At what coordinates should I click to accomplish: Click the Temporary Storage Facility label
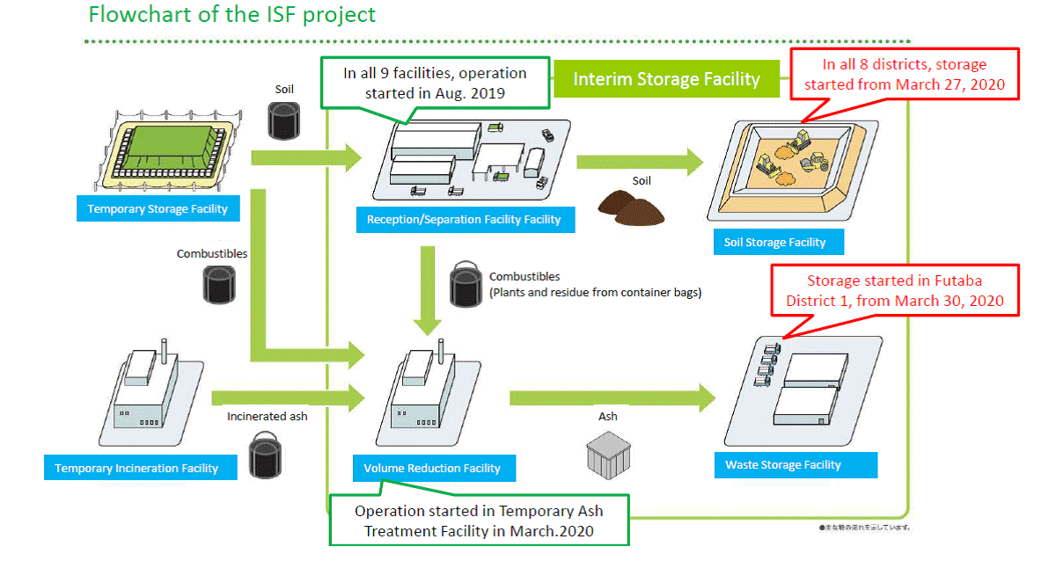coord(158,209)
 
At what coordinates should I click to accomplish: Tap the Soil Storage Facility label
coord(774,243)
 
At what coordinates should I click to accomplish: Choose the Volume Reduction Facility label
coord(432,469)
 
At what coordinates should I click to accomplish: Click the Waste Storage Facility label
coord(782,465)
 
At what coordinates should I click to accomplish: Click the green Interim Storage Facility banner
coord(666,79)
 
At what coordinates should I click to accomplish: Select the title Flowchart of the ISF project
coord(231,15)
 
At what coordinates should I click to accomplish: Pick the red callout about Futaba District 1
coord(894,291)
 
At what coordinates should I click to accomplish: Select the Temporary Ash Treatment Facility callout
coord(480,521)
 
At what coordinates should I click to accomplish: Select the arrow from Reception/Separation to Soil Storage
coord(640,161)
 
